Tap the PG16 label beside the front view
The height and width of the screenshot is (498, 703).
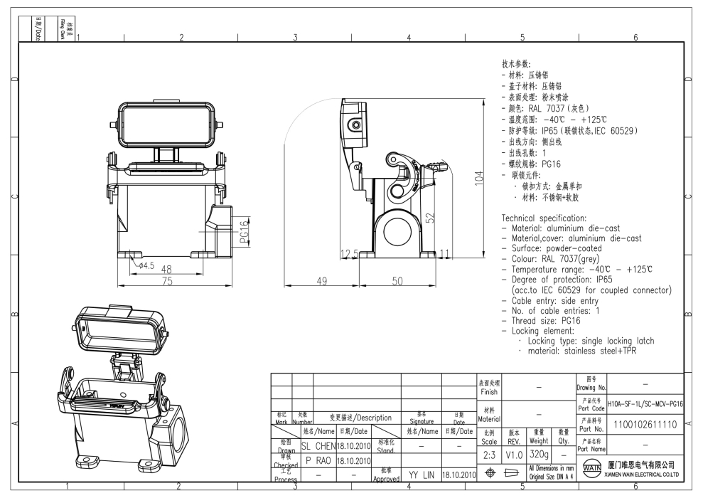(x=243, y=231)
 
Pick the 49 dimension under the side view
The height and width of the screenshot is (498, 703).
(x=321, y=281)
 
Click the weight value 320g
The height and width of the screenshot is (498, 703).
(x=539, y=453)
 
